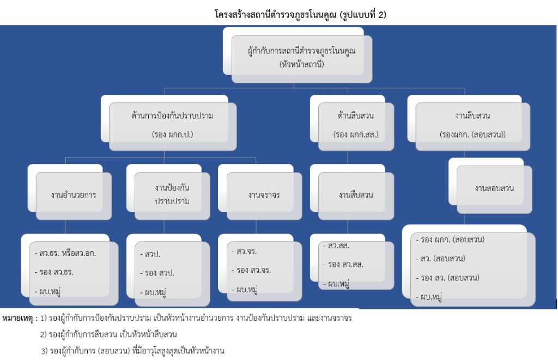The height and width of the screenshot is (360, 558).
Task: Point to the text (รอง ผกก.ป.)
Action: [x=172, y=134]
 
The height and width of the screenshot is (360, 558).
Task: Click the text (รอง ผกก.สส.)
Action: [x=355, y=134]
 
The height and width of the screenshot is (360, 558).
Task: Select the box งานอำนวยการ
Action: [x=73, y=194]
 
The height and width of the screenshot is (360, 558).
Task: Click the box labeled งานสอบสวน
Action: [x=494, y=188]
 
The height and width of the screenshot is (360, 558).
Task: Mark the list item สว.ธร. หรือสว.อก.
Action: [x=68, y=253]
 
